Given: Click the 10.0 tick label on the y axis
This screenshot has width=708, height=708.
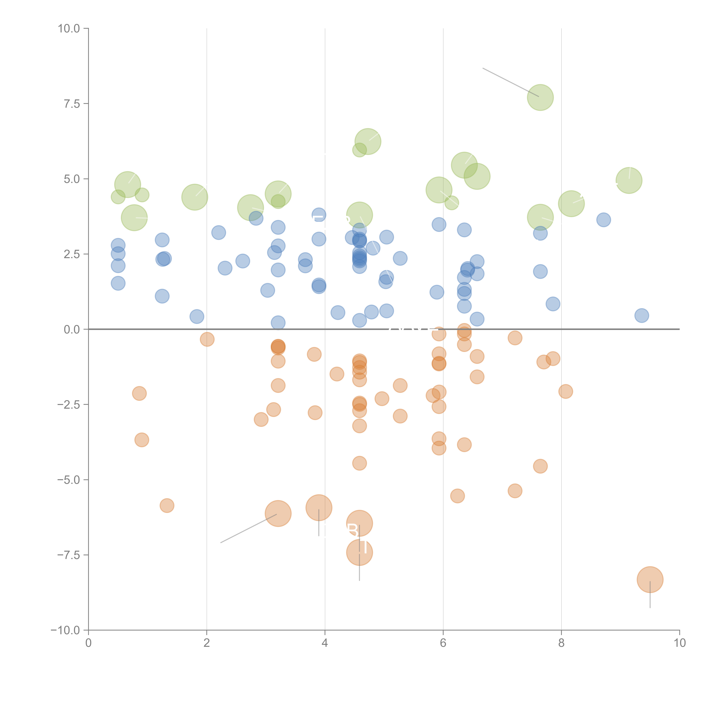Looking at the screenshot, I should coord(69,29).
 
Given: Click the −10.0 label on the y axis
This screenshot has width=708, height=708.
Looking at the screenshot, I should coord(65,630).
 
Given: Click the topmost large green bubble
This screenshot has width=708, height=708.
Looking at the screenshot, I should coord(540,97).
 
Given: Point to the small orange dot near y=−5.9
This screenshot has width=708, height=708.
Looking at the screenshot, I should coord(167,506).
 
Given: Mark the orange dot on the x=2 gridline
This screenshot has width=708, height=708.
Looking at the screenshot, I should coord(207,339).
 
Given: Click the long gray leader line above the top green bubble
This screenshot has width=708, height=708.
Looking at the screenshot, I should coord(510,82).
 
